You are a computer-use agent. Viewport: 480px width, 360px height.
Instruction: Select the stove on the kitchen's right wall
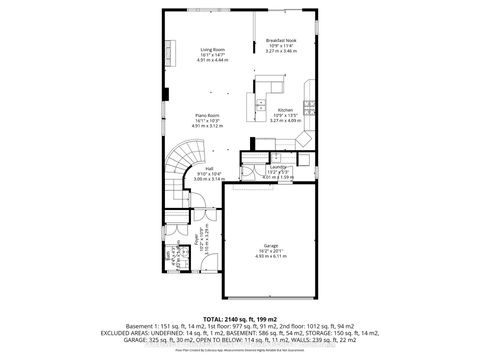[x=312, y=104]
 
